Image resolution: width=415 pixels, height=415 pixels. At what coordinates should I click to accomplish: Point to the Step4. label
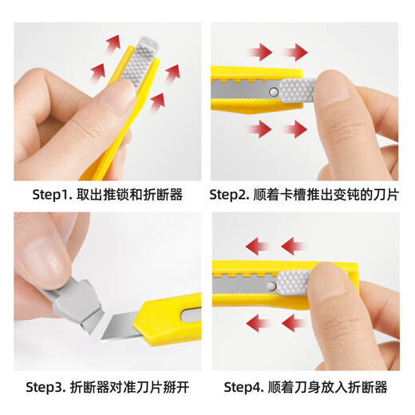246,387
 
